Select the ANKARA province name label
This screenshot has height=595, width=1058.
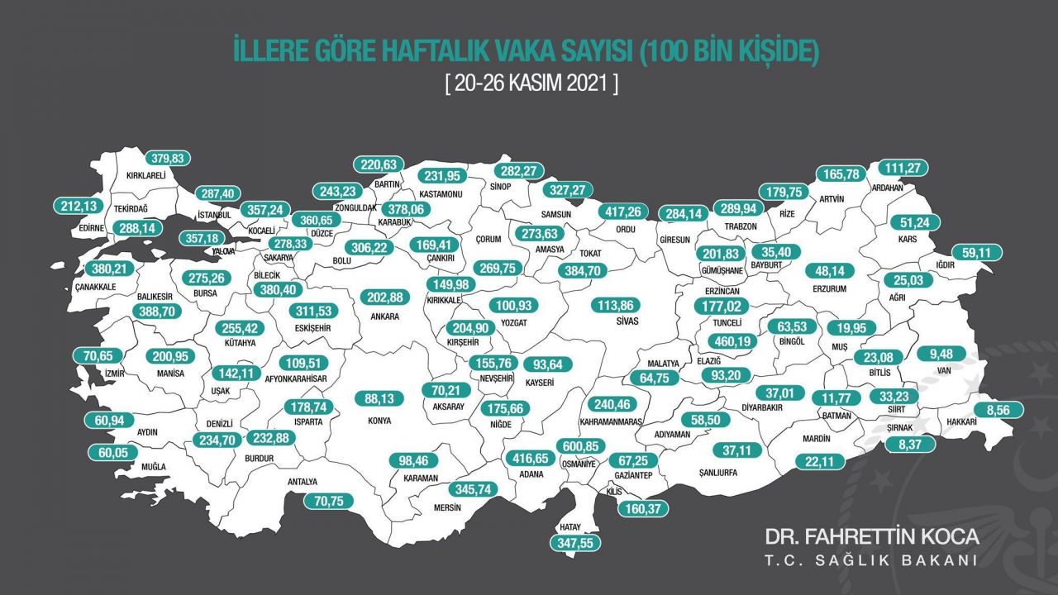pos(385,316)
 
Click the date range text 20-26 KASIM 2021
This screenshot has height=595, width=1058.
pos(531,83)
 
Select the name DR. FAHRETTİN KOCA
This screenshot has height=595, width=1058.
pos(872,536)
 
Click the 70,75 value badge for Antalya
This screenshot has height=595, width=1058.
pos(328,500)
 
